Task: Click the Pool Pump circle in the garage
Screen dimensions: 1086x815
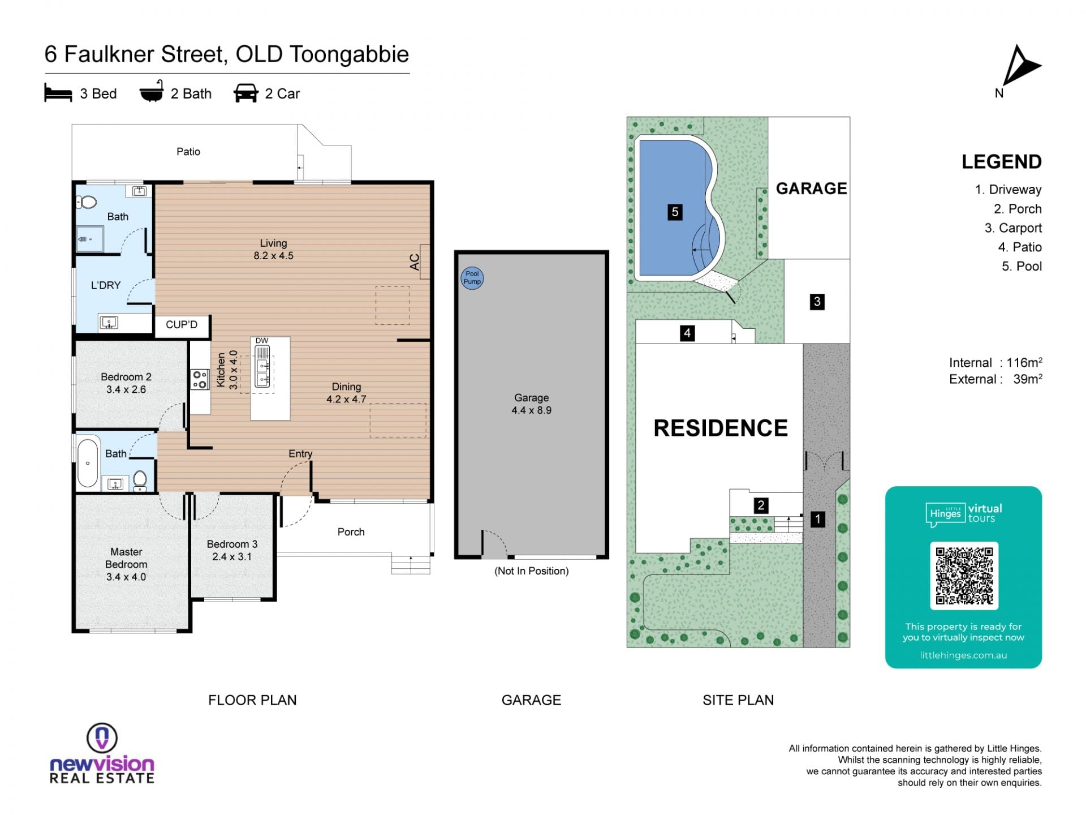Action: click(x=472, y=278)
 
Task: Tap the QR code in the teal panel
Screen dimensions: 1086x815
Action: click(x=964, y=576)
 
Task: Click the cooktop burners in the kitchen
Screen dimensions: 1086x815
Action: click(x=200, y=379)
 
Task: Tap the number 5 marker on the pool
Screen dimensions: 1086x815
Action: click(x=674, y=212)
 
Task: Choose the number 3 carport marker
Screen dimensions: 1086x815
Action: click(x=817, y=302)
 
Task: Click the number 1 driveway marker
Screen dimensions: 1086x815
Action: click(x=817, y=519)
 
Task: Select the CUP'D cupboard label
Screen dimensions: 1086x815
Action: click(x=182, y=325)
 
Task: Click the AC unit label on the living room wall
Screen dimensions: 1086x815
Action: click(x=415, y=262)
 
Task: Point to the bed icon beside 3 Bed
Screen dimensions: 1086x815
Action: click(x=58, y=93)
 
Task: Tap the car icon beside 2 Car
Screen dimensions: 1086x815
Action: click(x=245, y=93)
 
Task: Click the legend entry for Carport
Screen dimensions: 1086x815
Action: click(x=1013, y=228)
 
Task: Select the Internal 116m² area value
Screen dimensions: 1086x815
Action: click(x=996, y=363)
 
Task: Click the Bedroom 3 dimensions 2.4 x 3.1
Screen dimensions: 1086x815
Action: click(x=232, y=557)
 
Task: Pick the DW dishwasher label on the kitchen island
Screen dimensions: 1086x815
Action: click(x=262, y=341)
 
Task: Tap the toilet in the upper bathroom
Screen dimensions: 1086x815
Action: click(x=87, y=201)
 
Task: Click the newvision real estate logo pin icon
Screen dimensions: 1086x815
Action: click(x=102, y=738)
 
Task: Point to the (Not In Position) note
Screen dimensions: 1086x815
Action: click(x=532, y=571)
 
